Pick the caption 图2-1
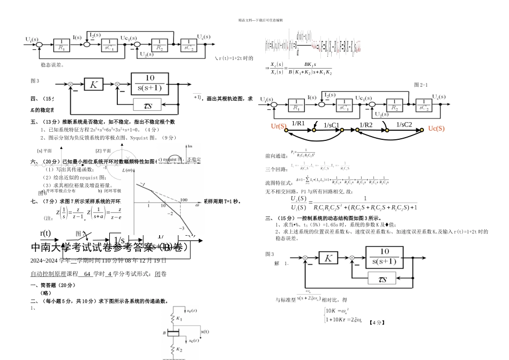[x=421, y=85]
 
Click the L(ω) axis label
[x=128, y=170]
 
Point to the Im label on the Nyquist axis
[x=189, y=145]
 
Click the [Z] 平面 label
[x=103, y=151]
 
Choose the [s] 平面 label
[x=44, y=151]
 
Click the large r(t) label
[x=46, y=233]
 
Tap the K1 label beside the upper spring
[x=179, y=318]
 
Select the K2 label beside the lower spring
[x=179, y=350]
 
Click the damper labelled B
[x=170, y=333]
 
